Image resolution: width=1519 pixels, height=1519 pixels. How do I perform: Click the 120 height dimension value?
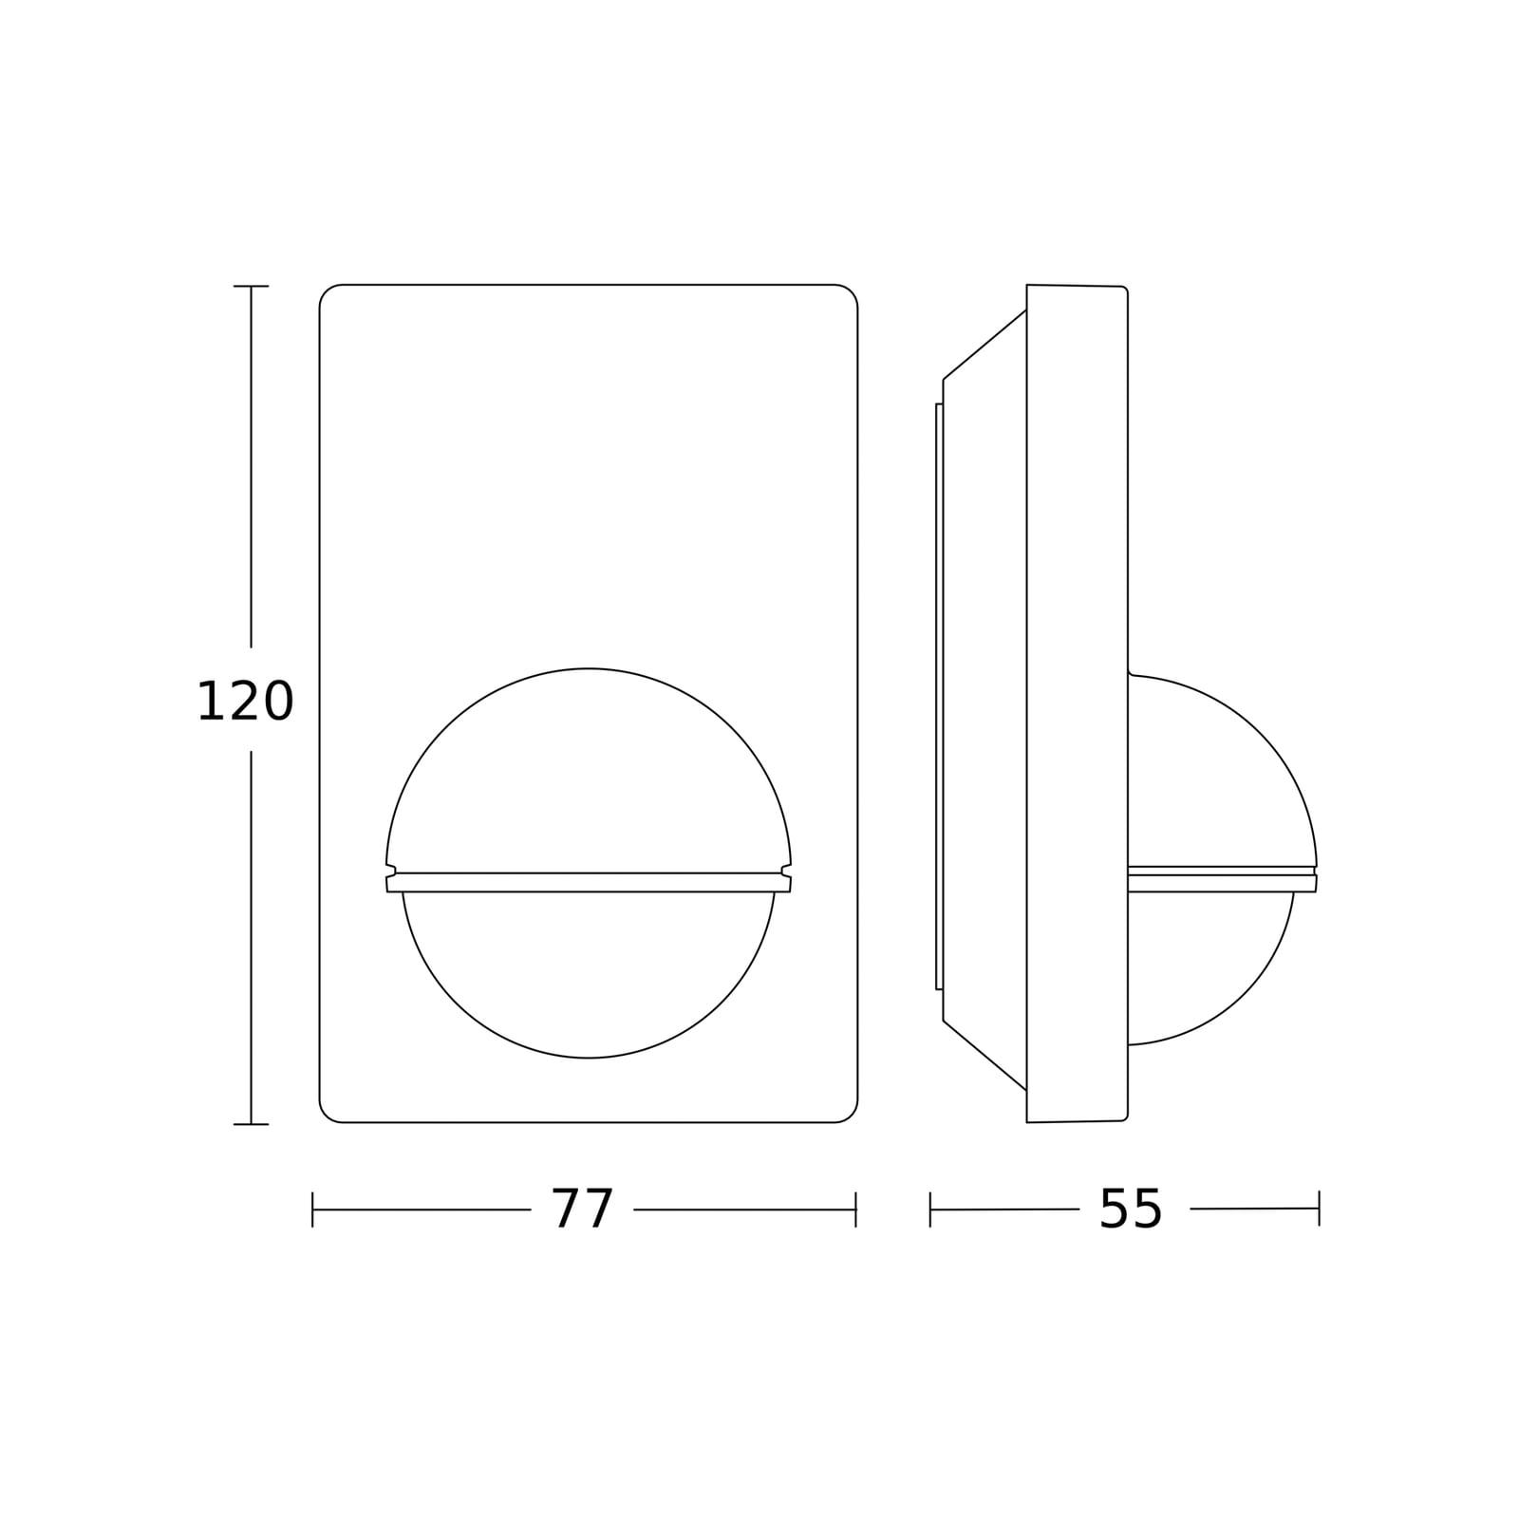[245, 703]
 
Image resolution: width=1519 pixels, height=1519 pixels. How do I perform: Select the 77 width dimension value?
[583, 1210]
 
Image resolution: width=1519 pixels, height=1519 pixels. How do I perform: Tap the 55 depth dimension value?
[1131, 1210]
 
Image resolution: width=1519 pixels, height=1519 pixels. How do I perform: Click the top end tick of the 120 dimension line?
[251, 286]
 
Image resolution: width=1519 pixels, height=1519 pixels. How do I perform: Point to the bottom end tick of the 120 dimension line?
[251, 1124]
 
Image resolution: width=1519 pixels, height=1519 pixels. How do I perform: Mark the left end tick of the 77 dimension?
[312, 1210]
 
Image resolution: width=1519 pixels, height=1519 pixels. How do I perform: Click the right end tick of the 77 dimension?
[856, 1210]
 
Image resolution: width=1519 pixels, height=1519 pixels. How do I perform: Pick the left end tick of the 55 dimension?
[930, 1210]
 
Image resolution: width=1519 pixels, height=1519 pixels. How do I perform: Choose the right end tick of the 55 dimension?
[1319, 1209]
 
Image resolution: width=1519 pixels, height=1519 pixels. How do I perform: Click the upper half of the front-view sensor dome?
[589, 669]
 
